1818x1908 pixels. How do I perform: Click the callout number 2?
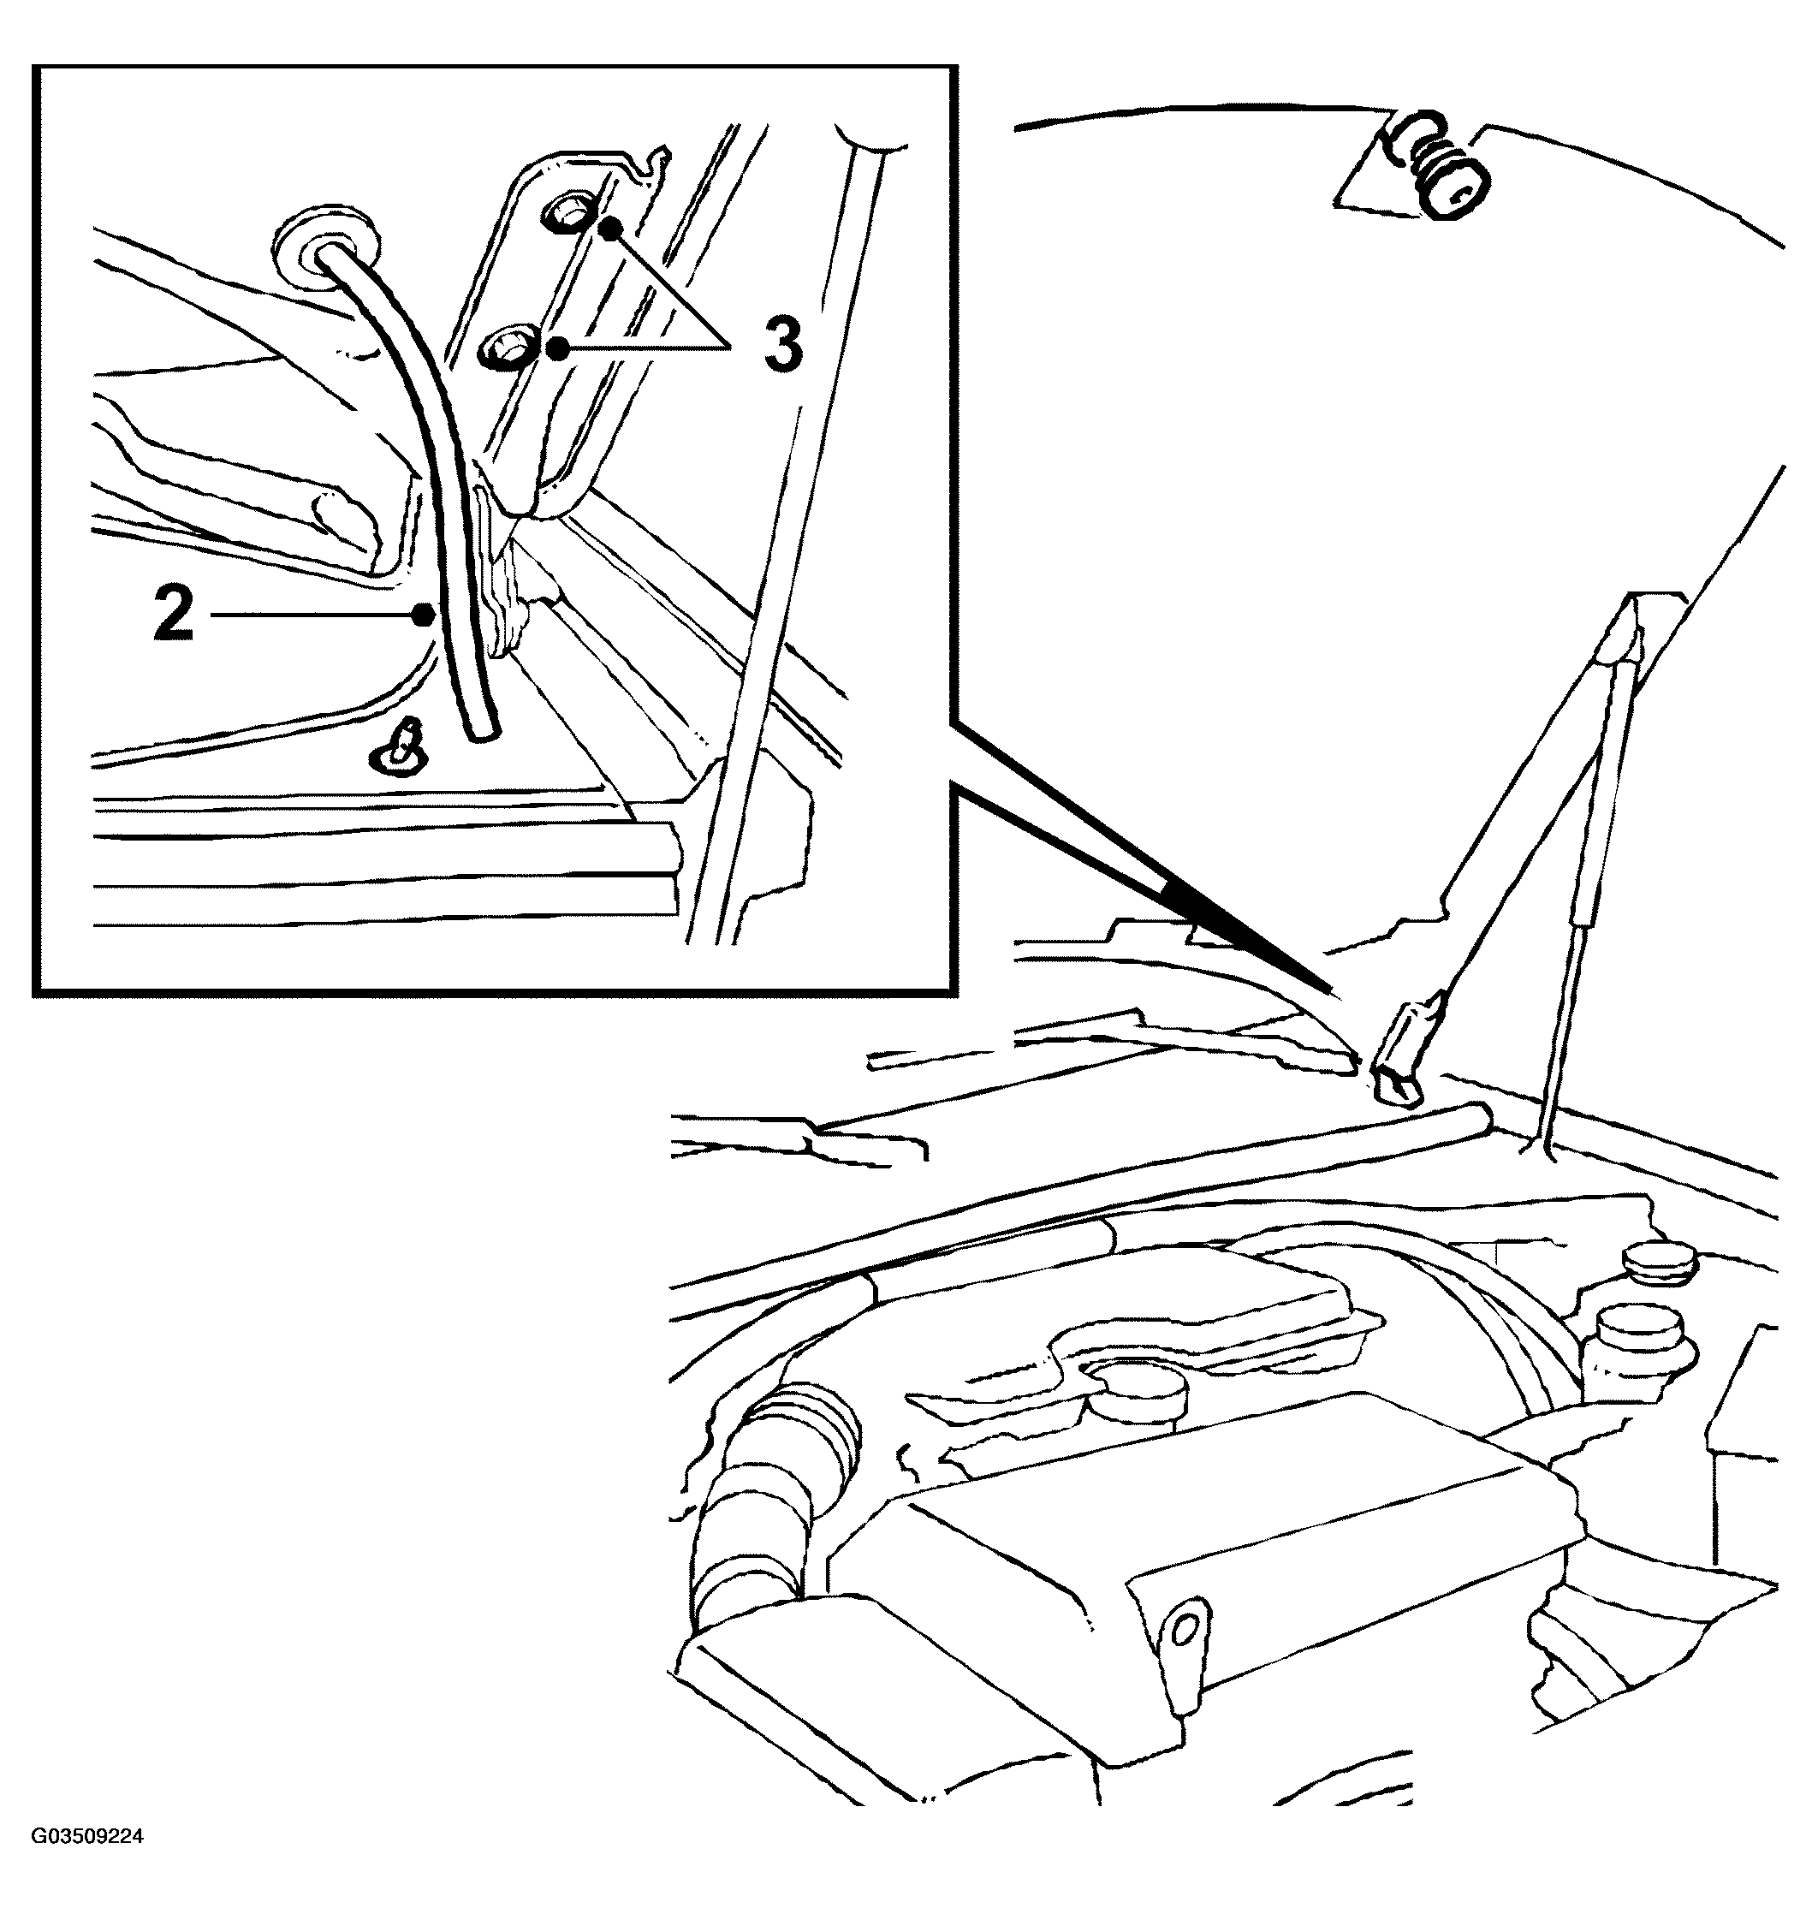pos(175,615)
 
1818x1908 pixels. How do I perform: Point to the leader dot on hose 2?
pos(424,615)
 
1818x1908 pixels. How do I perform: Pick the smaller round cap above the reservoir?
pos(1660,1261)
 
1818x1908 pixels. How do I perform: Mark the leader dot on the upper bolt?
pos(609,229)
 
